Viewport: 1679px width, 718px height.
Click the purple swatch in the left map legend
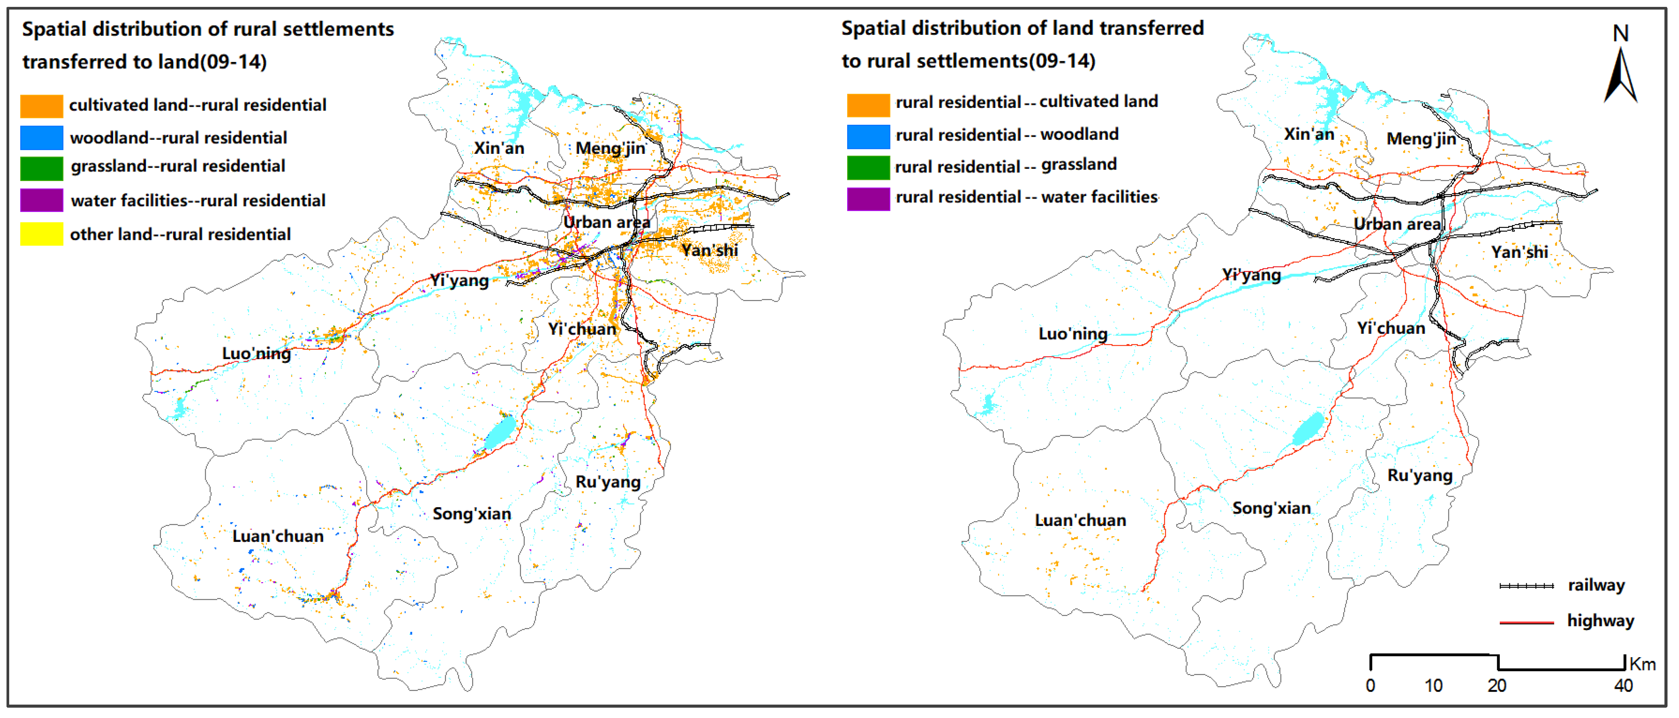click(x=42, y=201)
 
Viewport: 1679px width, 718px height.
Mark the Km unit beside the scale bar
click(x=1643, y=664)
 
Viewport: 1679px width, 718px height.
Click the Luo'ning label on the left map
click(x=256, y=354)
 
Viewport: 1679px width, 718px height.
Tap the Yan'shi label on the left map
click(x=709, y=250)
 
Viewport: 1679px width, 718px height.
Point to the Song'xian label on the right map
click(x=1271, y=508)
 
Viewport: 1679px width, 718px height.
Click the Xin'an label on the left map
click(x=499, y=148)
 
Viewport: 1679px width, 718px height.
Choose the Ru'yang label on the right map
click(x=1420, y=476)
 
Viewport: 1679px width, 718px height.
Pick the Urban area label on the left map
click(x=607, y=222)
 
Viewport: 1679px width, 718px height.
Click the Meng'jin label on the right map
click(x=1421, y=139)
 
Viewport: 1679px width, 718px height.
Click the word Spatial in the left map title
click(x=54, y=29)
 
